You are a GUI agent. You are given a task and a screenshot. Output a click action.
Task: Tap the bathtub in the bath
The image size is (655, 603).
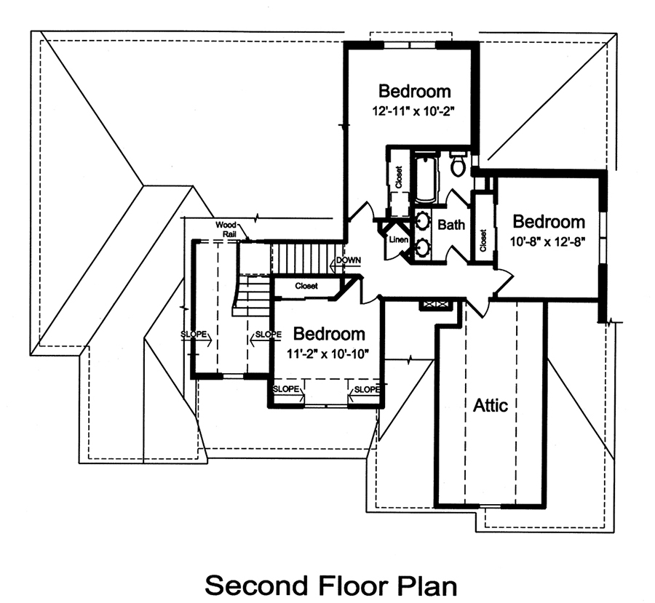tap(426, 179)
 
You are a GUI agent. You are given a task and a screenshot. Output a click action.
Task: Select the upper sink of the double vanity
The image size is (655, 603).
tap(422, 219)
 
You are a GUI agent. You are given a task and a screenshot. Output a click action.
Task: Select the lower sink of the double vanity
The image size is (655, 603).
tap(422, 247)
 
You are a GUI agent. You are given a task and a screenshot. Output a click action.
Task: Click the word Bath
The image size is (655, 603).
tap(451, 225)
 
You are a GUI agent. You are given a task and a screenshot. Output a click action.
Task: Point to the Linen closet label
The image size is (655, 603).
tap(397, 240)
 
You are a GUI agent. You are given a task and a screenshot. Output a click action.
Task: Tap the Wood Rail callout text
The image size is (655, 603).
tap(227, 228)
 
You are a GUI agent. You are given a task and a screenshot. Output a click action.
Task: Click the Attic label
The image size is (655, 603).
tap(491, 405)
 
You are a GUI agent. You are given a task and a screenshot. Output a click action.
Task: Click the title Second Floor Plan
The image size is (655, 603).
tap(330, 585)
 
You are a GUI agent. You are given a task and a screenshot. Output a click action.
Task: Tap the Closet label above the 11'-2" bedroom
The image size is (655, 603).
tap(306, 287)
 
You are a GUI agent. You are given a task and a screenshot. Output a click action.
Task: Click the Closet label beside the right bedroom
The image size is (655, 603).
tap(483, 241)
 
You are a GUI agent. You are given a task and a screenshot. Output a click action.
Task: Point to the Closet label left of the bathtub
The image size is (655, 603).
tap(399, 178)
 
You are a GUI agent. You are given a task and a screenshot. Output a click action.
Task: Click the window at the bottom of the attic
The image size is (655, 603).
tap(491, 505)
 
